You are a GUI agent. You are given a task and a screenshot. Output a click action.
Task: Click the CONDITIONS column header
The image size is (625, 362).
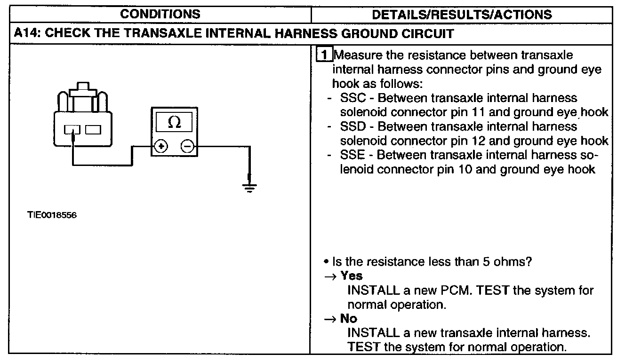tap(160, 14)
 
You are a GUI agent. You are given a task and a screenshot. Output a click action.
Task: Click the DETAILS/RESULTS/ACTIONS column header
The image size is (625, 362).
tap(462, 14)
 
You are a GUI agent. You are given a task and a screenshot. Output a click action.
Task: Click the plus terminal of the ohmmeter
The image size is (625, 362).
tap(161, 147)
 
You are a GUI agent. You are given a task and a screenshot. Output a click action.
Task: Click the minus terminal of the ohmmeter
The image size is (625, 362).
tap(187, 147)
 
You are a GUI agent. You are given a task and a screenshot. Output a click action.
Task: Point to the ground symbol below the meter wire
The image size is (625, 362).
tap(249, 189)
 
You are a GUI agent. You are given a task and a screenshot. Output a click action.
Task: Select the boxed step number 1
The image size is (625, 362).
tap(324, 55)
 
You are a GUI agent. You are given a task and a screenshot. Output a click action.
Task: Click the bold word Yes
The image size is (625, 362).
tap(352, 275)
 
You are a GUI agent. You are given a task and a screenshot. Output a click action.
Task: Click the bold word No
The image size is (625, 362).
tap(349, 318)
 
